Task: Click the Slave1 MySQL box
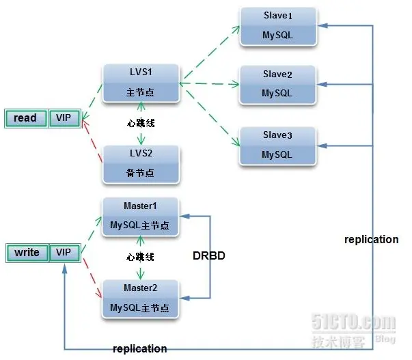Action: click(x=277, y=27)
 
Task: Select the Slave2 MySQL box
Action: click(x=277, y=85)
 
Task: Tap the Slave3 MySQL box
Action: click(x=277, y=146)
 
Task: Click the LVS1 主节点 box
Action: click(x=141, y=83)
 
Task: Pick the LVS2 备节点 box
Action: click(x=141, y=165)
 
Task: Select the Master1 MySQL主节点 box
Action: click(x=141, y=216)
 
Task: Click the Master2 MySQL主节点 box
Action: click(x=141, y=299)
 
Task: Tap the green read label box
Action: click(x=25, y=118)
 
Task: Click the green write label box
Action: click(x=27, y=253)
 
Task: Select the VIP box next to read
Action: click(x=64, y=118)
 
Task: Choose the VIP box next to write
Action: click(x=64, y=253)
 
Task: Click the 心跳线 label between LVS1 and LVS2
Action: click(x=141, y=124)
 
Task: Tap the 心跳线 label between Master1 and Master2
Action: click(x=141, y=258)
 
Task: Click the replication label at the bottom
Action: click(x=139, y=348)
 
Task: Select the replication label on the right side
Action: click(x=371, y=240)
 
